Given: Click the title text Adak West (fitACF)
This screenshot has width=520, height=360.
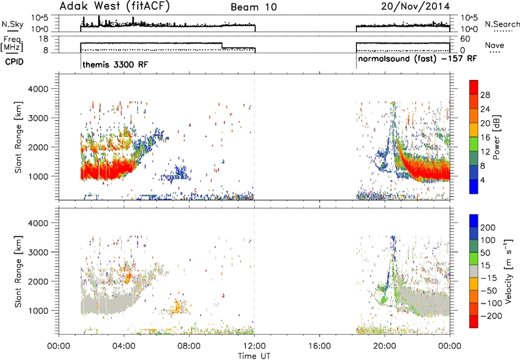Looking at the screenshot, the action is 114,6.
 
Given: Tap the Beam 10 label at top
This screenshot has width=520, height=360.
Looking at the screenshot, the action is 253,7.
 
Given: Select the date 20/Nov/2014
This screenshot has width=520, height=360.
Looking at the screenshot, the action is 415,6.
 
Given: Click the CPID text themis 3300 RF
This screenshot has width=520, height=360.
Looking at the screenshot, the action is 115,64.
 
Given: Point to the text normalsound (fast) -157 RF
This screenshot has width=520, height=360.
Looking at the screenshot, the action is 417,58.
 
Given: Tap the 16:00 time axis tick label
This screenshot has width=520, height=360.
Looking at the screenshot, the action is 319,346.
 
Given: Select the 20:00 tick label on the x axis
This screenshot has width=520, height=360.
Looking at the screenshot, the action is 385,346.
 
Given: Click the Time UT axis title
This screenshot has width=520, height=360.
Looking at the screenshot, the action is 254,356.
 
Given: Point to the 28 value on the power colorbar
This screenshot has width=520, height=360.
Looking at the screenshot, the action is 485,95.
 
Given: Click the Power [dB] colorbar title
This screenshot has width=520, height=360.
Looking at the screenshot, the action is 496,137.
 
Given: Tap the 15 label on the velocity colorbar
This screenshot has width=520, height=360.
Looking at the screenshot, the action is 485,266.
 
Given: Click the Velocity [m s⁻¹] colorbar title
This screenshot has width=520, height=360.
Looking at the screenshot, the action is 508,271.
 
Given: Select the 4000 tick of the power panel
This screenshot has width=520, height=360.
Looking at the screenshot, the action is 38,89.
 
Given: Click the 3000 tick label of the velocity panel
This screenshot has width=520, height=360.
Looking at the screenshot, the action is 38,252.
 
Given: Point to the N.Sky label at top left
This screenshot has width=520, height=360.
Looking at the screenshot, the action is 12,24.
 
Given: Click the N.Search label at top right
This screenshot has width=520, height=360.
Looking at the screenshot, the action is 502,24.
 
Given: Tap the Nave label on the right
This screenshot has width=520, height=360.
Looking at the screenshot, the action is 494,45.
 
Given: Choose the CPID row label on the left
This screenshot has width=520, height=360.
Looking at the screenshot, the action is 14,62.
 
